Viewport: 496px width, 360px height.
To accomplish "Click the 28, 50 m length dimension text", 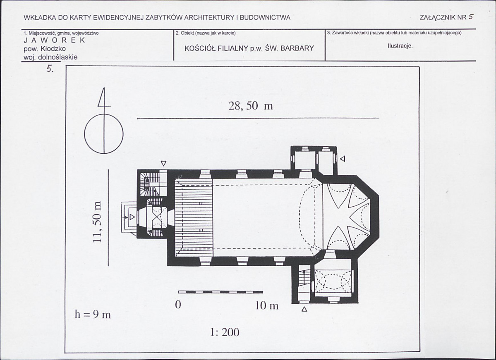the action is coord(251,106).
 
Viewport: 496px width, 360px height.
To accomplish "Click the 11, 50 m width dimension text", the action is coord(98,221).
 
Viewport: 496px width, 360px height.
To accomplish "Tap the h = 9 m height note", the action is coord(93,315).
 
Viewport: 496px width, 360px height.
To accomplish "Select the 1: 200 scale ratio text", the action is coord(225,332).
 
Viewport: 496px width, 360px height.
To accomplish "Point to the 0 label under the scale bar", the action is coord(178,305).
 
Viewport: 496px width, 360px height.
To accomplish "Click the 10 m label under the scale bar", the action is coord(267,305).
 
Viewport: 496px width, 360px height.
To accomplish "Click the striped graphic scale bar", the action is coord(220,292).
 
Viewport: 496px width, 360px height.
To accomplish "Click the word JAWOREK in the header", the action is coord(55,40).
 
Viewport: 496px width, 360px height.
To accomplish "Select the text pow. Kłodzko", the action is coord(45,49).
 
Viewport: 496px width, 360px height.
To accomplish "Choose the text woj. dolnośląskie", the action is coord(50,57).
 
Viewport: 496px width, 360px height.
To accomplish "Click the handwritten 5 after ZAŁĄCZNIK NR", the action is coord(471,17).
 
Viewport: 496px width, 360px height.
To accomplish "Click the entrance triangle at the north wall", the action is coord(163,163).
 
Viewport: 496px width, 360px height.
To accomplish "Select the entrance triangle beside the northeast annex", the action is coord(343,158).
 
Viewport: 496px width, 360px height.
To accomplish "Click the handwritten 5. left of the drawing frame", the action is coord(50,69).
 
